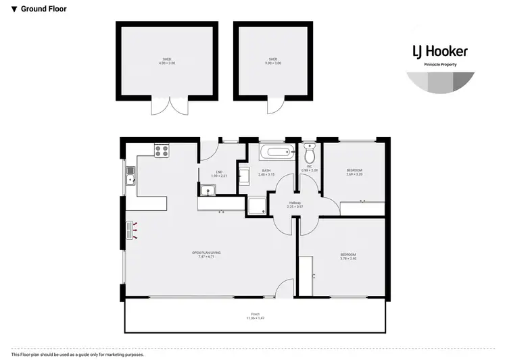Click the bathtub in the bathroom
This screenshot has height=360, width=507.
tap(277, 152)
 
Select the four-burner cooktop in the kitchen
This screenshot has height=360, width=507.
tap(162, 151)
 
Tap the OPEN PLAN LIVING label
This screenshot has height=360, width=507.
tap(210, 255)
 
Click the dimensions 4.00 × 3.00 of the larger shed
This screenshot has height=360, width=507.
tap(166, 63)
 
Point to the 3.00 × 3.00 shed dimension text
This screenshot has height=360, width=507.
tap(273, 63)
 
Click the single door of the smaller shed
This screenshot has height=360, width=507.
tap(275, 106)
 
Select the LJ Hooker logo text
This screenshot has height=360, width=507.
tap(440, 52)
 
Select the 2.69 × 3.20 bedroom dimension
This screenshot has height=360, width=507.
tap(354, 174)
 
